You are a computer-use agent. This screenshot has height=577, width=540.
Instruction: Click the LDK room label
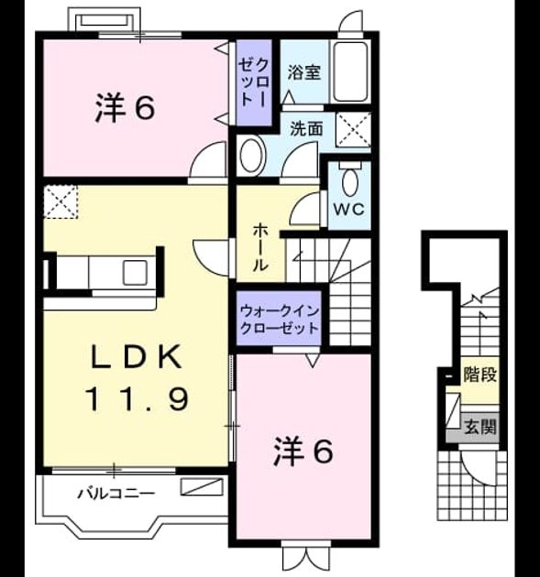click(137, 356)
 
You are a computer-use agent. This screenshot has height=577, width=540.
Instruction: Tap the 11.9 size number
click(138, 399)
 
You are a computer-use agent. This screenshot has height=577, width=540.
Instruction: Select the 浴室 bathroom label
click(303, 72)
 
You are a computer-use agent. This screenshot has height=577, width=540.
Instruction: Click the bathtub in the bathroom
click(350, 71)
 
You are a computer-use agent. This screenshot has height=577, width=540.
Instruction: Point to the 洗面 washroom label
click(306, 129)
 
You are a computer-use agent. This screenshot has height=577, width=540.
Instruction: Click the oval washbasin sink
click(252, 156)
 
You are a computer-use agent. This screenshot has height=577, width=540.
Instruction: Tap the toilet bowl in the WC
click(349, 181)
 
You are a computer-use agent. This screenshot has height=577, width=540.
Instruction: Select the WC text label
click(348, 210)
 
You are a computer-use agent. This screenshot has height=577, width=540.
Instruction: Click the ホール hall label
click(260, 247)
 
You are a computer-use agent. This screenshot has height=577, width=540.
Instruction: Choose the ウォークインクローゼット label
click(279, 320)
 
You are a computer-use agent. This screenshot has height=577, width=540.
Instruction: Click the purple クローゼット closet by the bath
click(254, 82)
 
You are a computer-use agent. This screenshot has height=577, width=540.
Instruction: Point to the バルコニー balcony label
click(116, 493)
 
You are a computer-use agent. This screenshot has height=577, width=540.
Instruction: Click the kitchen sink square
click(135, 272)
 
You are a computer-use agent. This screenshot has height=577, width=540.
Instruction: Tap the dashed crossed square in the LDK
click(61, 202)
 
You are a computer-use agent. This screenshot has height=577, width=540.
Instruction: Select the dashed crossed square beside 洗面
click(354, 129)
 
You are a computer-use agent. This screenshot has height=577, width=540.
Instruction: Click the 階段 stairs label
click(480, 375)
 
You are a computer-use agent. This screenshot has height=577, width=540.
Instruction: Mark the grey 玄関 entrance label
click(480, 427)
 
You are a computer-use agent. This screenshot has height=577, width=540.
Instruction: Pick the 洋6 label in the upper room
click(125, 108)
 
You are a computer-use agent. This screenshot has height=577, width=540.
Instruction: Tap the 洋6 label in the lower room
click(303, 452)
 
